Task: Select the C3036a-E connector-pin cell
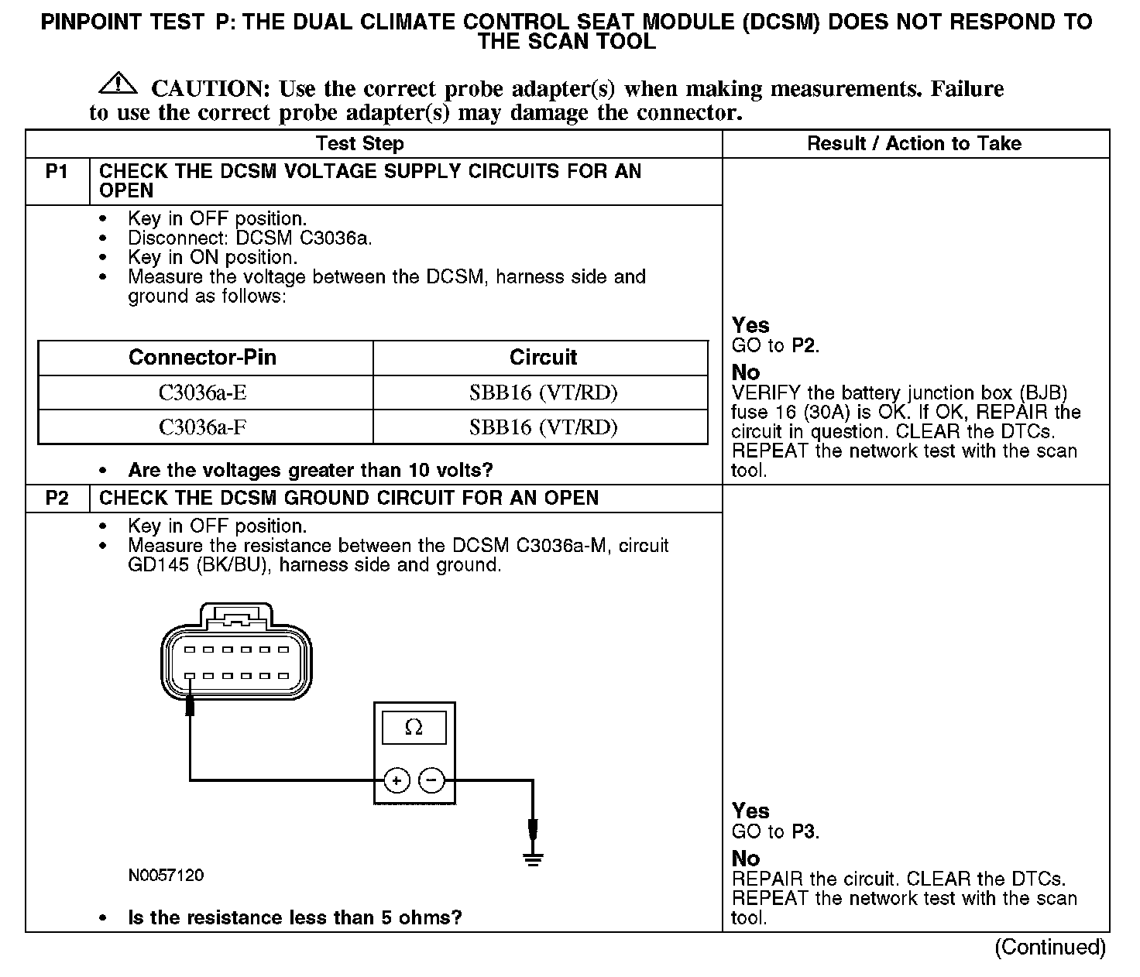tap(203, 393)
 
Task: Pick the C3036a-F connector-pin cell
tap(203, 427)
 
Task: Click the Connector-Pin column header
tap(202, 357)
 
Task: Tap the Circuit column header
tap(543, 357)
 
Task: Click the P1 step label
tap(57, 171)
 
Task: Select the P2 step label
tap(57, 498)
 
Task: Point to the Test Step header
tap(359, 143)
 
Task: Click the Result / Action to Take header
tap(914, 143)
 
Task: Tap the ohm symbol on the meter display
tap(414, 728)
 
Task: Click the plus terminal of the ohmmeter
tap(397, 781)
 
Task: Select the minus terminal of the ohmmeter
tap(431, 781)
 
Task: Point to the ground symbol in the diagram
tap(532, 857)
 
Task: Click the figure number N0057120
tap(167, 876)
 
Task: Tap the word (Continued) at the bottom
tap(1050, 947)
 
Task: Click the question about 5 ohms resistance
tap(294, 918)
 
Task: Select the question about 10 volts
tap(311, 470)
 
